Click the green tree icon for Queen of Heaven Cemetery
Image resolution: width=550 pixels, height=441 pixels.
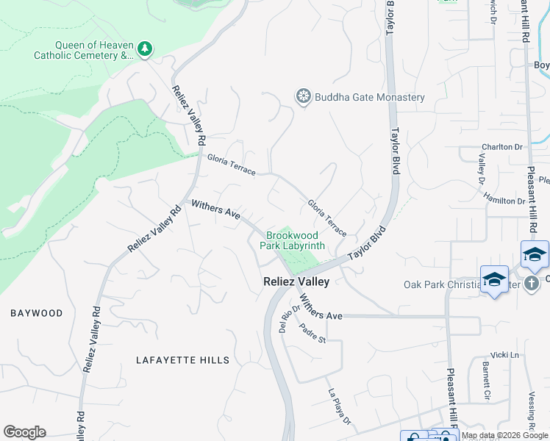146,49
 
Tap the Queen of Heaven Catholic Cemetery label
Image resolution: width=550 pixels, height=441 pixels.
84,49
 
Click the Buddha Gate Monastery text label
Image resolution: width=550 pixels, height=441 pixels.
370,97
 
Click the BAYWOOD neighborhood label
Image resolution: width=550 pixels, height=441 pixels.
37,313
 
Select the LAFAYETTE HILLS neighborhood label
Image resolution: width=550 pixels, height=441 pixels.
183,360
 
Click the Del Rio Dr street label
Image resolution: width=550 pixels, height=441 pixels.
286,319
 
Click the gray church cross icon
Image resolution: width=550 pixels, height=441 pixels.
532,284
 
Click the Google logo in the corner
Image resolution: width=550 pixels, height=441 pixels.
24,432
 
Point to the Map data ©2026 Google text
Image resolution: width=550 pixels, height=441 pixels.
505,436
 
